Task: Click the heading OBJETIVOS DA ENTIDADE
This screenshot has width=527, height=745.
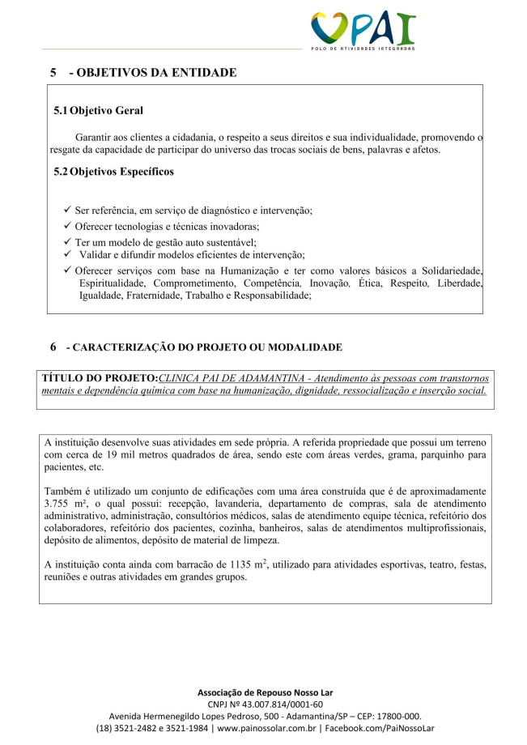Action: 153,73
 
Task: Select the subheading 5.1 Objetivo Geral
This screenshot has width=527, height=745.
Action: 99,109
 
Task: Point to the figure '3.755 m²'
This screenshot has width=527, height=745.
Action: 67,504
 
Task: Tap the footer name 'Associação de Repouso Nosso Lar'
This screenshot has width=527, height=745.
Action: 265,692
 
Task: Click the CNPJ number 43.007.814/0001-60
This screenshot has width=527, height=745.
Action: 279,705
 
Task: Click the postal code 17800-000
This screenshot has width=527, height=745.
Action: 394,716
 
